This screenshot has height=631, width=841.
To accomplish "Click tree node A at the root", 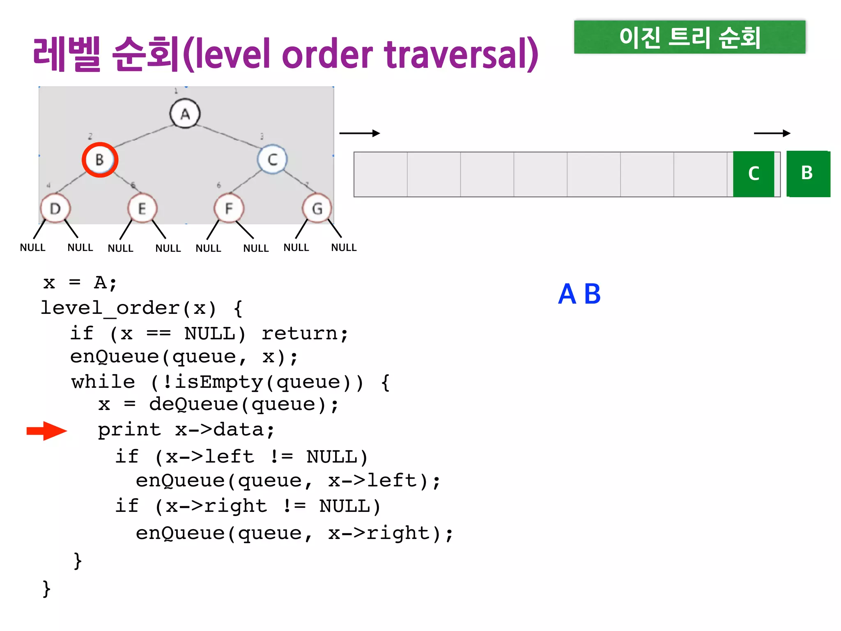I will [185, 113].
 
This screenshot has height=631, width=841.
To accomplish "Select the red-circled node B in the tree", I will [100, 159].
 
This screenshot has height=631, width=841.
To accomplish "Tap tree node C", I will [272, 159].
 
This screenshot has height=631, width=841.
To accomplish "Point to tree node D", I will [55, 209].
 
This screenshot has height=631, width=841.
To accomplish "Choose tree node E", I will [142, 209].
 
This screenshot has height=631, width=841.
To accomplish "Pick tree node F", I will [229, 209].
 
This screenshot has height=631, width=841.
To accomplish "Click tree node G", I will [317, 209].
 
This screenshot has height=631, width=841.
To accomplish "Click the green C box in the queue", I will [754, 174].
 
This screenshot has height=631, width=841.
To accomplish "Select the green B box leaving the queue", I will [808, 174].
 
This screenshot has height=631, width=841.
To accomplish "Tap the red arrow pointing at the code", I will [46, 431].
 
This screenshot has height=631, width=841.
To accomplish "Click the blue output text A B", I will [579, 294].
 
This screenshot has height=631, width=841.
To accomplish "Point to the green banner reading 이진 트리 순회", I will [689, 37].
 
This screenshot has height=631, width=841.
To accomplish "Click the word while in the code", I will [103, 382].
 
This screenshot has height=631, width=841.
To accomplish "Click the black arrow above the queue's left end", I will [359, 133].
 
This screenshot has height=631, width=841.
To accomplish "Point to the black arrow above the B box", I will [772, 133].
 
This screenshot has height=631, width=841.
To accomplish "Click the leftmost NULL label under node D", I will [33, 248].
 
